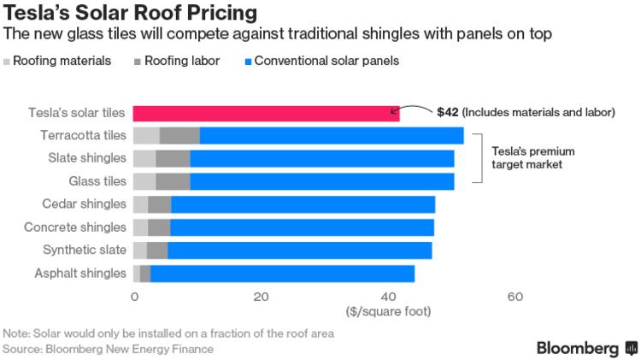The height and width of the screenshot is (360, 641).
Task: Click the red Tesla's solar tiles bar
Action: click(x=266, y=113)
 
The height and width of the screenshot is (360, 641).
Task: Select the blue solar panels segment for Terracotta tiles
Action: click(x=332, y=135)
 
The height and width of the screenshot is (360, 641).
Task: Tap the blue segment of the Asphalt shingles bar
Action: click(x=282, y=273)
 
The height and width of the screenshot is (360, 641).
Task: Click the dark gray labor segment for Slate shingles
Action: click(x=173, y=158)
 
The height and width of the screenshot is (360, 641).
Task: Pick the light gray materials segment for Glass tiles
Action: click(x=144, y=181)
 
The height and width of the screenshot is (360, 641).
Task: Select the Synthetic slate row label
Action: click(x=85, y=250)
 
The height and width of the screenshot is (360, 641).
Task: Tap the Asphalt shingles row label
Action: click(x=81, y=273)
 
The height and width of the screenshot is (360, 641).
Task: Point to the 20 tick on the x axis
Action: click(x=261, y=296)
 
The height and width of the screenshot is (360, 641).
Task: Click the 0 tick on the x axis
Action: click(x=134, y=296)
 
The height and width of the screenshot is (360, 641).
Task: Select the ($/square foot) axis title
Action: click(x=388, y=311)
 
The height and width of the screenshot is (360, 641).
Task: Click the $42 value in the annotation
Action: click(x=448, y=112)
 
